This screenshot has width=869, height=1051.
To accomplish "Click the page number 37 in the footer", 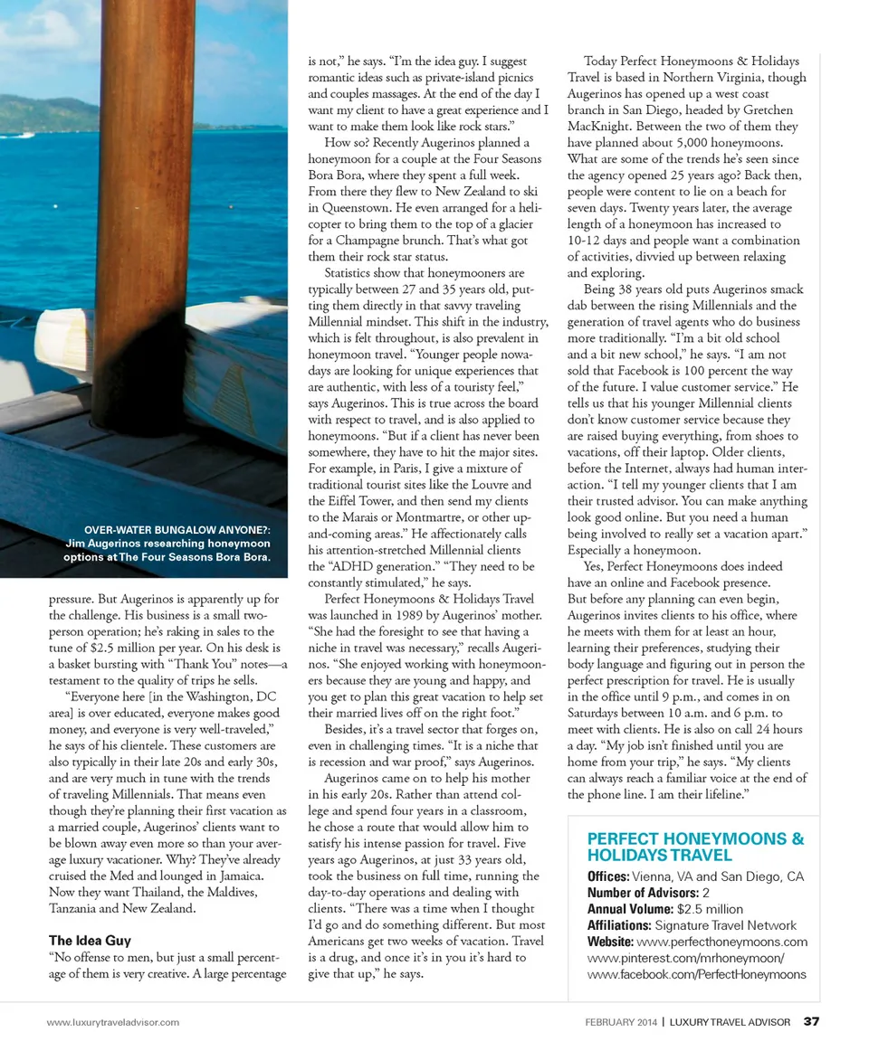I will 811,1022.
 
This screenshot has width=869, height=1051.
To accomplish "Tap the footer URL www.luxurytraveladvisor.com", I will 113,1022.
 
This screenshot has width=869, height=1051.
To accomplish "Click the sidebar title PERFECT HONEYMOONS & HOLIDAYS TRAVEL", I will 695,847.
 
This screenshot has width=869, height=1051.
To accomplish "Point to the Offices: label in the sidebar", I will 608,876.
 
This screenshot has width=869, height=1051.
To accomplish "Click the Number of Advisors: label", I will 643,893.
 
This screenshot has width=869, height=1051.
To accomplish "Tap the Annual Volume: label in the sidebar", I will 631,909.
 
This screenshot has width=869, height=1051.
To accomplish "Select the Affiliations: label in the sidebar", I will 619,925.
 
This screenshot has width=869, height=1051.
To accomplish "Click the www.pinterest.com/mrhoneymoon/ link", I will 685,958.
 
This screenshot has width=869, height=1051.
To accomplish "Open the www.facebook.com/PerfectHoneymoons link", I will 696,974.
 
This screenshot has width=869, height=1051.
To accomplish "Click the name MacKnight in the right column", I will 601,127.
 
